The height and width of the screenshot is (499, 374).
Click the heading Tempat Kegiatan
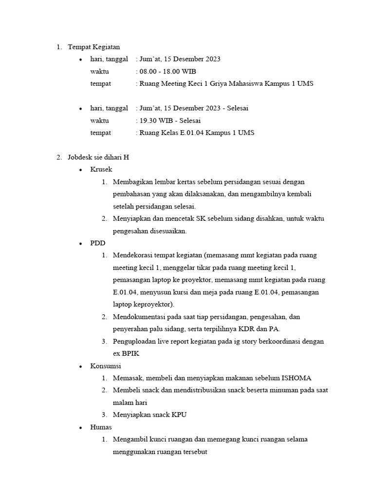pyautogui.click(x=93, y=47)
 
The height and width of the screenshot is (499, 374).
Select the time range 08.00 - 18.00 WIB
pyautogui.click(x=168, y=71)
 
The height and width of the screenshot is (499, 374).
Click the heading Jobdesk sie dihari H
pyautogui.click(x=98, y=157)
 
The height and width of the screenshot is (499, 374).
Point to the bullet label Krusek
pyautogui.click(x=101, y=170)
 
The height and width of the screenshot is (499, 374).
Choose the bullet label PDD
pyautogui.click(x=97, y=243)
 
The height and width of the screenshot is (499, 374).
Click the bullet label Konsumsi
pyautogui.click(x=105, y=365)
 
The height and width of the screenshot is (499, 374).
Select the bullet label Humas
pyautogui.click(x=101, y=427)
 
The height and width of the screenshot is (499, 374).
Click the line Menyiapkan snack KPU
pyautogui.click(x=150, y=415)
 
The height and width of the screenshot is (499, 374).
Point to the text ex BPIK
pyautogui.click(x=126, y=353)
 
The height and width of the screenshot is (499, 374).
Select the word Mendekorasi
pyautogui.click(x=133, y=255)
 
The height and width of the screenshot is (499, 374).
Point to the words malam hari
pyautogui.click(x=129, y=403)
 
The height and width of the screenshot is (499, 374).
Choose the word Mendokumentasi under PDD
pyautogui.click(x=136, y=317)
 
